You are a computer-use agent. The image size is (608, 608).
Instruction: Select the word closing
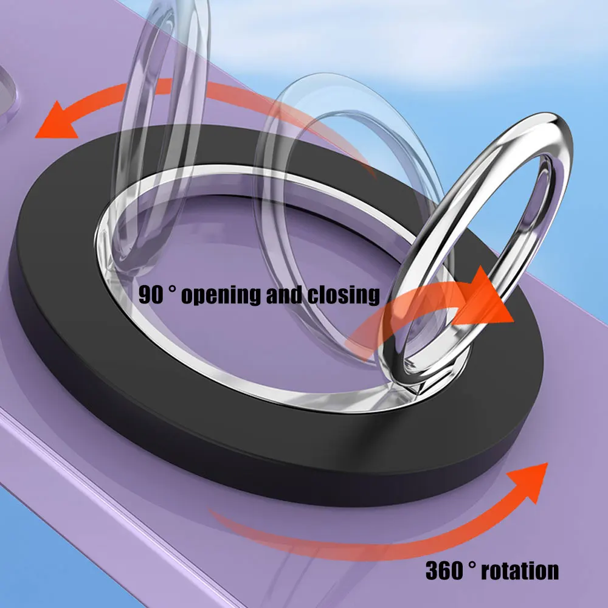344,296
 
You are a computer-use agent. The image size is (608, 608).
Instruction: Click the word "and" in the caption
284,295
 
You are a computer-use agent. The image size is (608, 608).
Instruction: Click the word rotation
520,571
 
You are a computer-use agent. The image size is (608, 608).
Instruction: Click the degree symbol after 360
472,564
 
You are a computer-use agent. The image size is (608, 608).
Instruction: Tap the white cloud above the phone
388,35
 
